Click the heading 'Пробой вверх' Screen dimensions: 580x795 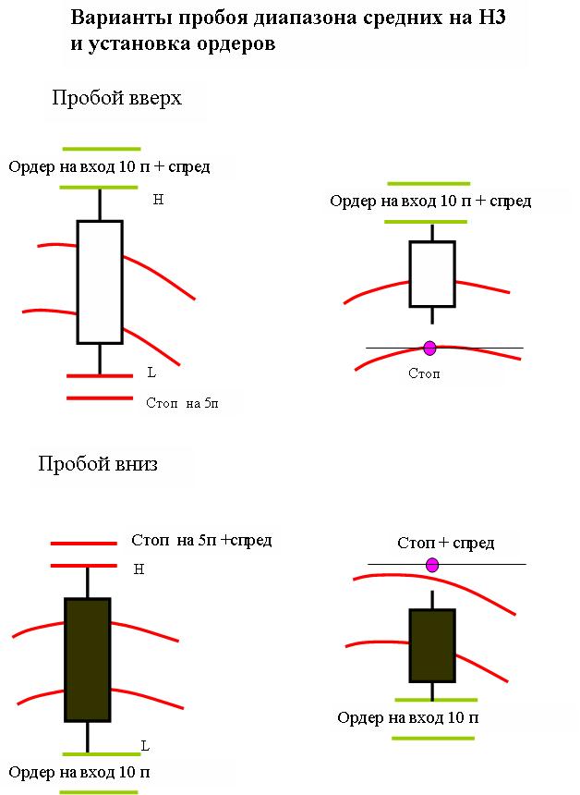[116, 98]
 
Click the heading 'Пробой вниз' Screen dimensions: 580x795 [98, 464]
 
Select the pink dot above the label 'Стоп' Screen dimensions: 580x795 [429, 348]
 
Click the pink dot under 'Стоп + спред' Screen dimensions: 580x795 [432, 565]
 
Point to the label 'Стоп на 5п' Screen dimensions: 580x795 [182, 403]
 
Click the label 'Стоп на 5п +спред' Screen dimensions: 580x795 [201, 541]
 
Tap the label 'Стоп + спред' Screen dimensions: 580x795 [446, 543]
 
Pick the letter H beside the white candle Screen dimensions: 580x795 [158, 200]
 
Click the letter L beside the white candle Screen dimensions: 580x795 [151, 373]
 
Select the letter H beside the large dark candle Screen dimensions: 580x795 [139, 569]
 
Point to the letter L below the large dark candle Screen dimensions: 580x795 [145, 746]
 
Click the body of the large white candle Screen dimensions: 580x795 [100, 282]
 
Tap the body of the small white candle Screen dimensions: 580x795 [432, 274]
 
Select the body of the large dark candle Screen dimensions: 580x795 [88, 660]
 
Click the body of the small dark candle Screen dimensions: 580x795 [432, 645]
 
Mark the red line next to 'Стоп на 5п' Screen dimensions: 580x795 [100, 398]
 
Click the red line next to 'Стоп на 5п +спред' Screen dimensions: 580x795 [83, 544]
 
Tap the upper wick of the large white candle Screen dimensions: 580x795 [100, 203]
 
